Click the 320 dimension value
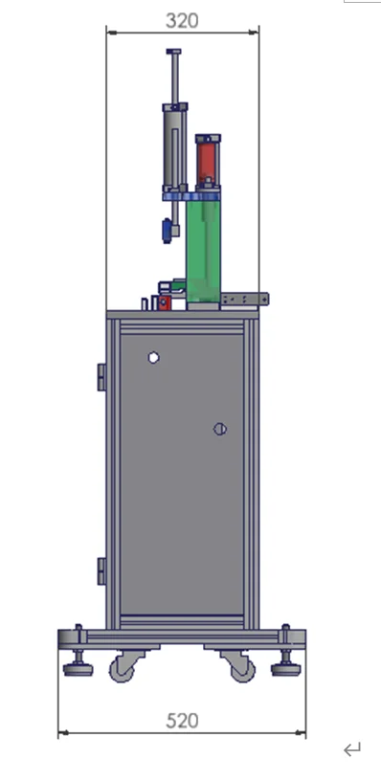coord(182,20)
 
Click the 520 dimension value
coord(182,721)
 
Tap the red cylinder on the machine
coord(207,162)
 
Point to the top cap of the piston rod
coord(173,52)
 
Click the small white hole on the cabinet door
coord(153,358)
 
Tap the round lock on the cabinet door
coord(219,429)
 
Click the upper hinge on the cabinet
coord(101,376)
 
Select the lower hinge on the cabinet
coord(101,570)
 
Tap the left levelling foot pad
coord(78,668)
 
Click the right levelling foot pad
coord(285,668)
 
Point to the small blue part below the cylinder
coord(168,230)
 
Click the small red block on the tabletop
coord(164,302)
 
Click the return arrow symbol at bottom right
coord(352,749)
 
